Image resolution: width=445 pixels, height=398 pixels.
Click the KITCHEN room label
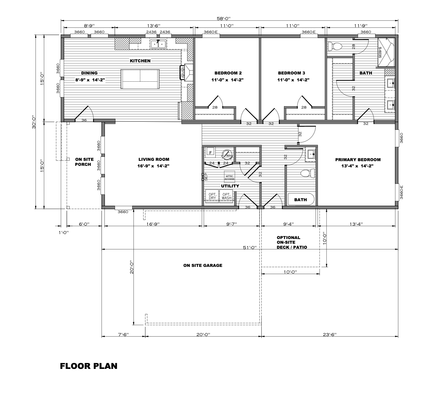pos(140,61)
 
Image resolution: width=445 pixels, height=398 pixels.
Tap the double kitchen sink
pos(158,44)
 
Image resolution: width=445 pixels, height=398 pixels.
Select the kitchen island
pos(140,79)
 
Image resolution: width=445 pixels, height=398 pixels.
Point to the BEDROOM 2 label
pos(228,73)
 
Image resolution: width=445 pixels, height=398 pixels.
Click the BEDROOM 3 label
pos(291,73)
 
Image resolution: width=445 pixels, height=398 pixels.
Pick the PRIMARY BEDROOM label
pos(358,160)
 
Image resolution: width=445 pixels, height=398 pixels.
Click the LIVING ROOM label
pos(154,160)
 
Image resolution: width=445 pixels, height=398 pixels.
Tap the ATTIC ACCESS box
pos(229,177)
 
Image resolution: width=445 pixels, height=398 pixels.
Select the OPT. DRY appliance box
pos(212,196)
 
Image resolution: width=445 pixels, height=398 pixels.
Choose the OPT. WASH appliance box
pos(226,196)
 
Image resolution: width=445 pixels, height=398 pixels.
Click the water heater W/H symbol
pos(227,154)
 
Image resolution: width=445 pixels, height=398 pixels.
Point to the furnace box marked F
pos(210,152)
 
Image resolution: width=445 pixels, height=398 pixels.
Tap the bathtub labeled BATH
pos(301,199)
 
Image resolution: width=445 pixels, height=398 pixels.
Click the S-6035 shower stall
pos(386,52)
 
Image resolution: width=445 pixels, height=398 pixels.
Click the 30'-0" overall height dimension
pos(34,122)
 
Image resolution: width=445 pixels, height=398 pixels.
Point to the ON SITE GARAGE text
pos(203,265)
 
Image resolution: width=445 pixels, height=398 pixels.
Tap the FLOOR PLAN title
pos(89,366)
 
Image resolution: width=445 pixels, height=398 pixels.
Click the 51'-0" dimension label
pos(250,247)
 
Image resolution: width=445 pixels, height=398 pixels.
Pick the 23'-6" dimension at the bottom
pos(330,334)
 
